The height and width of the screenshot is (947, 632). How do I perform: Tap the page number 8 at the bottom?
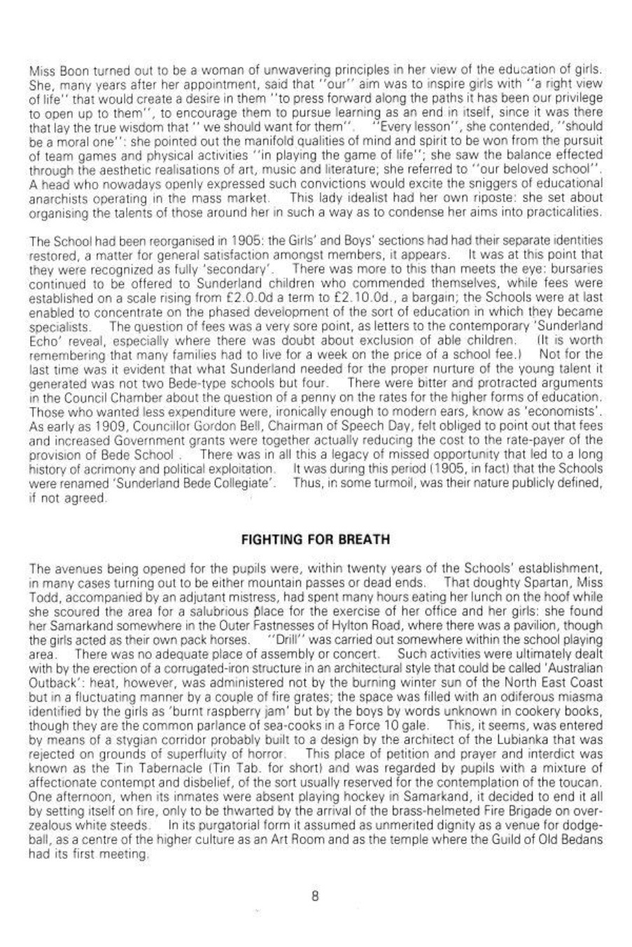click(x=316, y=897)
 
